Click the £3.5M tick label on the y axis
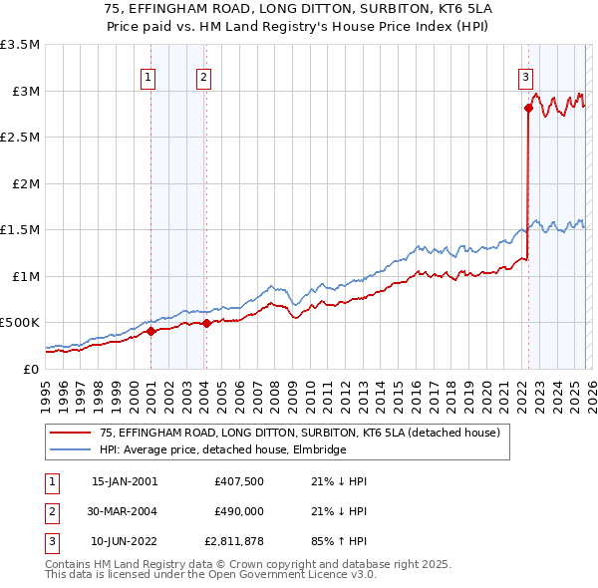click(x=20, y=45)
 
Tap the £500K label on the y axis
click(x=20, y=323)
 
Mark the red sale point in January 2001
click(x=151, y=331)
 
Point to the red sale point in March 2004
click(x=207, y=323)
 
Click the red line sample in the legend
click(x=71, y=433)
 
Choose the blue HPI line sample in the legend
click(x=71, y=449)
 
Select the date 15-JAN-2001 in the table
click(x=124, y=481)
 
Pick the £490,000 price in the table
click(x=237, y=512)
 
